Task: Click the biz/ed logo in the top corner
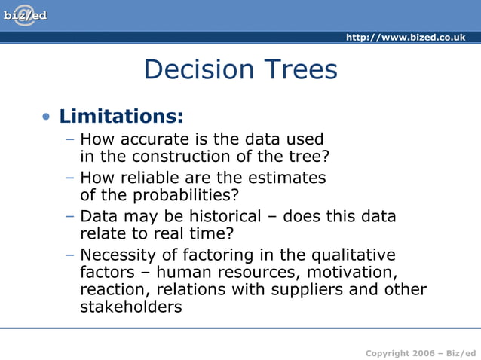[25, 15]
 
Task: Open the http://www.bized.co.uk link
[405, 38]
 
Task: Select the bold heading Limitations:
[121, 117]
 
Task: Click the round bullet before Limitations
[47, 117]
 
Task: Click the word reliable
[161, 178]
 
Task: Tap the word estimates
[287, 178]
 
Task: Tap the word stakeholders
[130, 307]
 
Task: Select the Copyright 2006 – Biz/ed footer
[415, 353]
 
